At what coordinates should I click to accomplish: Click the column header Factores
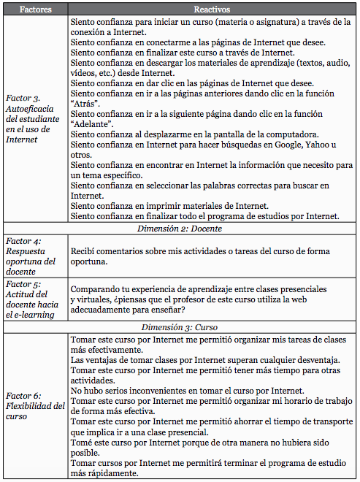click(x=35, y=9)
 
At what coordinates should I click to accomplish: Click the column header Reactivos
click(x=212, y=9)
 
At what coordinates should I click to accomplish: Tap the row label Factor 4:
click(x=23, y=241)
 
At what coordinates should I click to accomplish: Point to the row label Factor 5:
click(x=23, y=283)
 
